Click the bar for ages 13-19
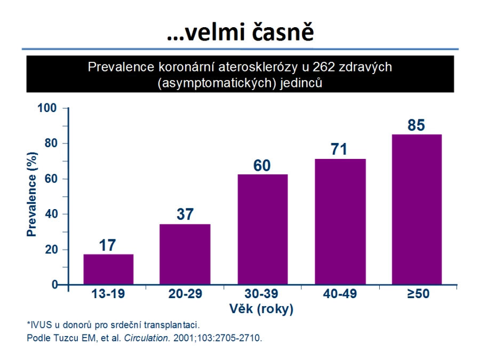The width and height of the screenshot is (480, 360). [x=108, y=269]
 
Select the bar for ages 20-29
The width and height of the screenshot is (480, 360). [x=185, y=254]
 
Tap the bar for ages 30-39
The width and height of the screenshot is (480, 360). [x=262, y=229]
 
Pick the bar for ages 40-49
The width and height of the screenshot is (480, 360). [x=340, y=222]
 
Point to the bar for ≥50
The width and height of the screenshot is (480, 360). [x=417, y=210]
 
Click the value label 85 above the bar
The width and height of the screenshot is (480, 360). [x=417, y=125]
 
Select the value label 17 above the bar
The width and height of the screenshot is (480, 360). [x=107, y=245]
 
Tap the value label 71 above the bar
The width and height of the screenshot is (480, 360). [x=339, y=149]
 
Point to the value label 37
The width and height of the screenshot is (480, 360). [x=185, y=214]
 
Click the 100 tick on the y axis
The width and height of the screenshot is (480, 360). [x=47, y=108]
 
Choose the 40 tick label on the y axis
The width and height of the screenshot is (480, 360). [x=51, y=214]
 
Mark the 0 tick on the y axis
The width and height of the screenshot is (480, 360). [x=55, y=285]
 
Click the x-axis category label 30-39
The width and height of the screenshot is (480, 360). [x=261, y=294]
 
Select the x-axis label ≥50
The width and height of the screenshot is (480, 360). [x=418, y=294]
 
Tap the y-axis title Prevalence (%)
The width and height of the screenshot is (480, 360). [x=31, y=194]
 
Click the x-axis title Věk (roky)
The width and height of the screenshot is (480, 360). [x=261, y=309]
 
